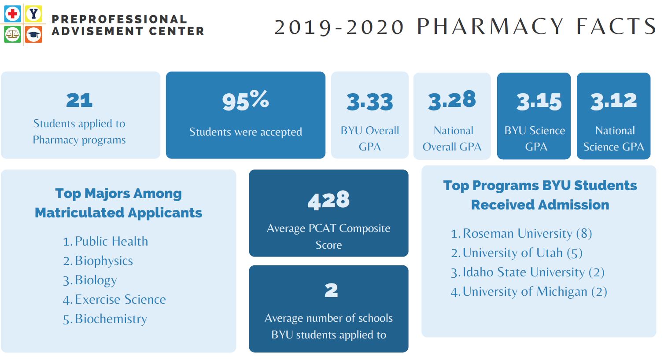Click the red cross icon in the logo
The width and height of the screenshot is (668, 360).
click(x=12, y=14)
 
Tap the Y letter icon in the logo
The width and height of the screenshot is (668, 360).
click(x=33, y=14)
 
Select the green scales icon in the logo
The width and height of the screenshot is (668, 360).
click(x=12, y=34)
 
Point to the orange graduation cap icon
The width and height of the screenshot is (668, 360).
click(x=33, y=34)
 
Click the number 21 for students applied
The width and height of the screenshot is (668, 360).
click(x=79, y=100)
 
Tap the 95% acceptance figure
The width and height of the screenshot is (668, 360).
click(x=245, y=100)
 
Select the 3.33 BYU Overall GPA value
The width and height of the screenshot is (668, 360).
click(x=369, y=102)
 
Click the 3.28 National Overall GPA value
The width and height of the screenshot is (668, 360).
click(x=452, y=100)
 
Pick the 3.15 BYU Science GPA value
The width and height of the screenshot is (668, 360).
click(x=539, y=102)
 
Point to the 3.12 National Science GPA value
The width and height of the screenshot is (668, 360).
click(x=613, y=101)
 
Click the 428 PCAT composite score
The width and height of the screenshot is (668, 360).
click(x=328, y=200)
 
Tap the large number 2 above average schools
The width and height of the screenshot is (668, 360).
click(x=331, y=290)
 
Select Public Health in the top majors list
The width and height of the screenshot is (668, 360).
click(x=111, y=241)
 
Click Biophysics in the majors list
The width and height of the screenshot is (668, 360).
click(x=104, y=261)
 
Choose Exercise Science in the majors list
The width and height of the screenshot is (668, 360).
click(x=120, y=299)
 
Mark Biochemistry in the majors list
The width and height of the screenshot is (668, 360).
click(x=111, y=319)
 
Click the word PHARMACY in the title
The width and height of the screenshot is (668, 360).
click(x=490, y=26)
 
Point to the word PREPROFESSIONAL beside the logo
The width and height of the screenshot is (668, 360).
click(x=119, y=19)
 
